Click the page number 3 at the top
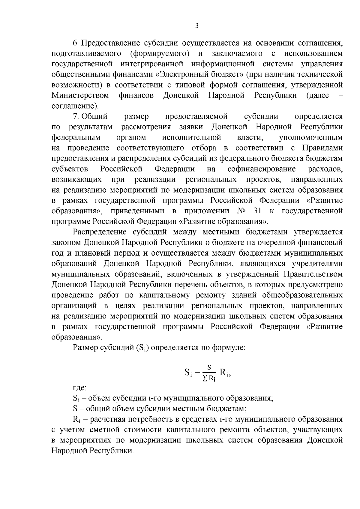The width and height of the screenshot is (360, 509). (197, 26)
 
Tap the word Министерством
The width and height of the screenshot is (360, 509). (80, 95)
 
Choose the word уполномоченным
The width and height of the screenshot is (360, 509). (310, 138)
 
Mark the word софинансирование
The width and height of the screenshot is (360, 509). (261, 169)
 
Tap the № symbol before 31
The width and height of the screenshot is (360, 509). (241, 211)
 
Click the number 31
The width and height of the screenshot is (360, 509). (258, 211)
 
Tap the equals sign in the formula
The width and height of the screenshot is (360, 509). (197, 373)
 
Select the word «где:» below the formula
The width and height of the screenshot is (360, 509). (79, 388)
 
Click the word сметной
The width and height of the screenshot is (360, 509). (102, 430)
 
